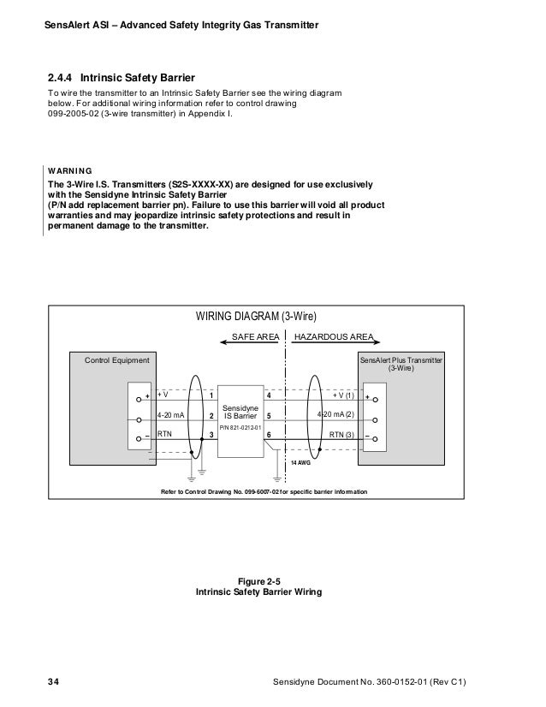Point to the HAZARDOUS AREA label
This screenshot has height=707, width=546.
[x=334, y=337]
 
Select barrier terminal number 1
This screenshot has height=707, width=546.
[x=211, y=396]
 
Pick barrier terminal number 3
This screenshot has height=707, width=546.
[x=211, y=435]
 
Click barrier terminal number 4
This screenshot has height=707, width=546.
[x=269, y=396]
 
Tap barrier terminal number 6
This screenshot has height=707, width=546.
[x=269, y=435]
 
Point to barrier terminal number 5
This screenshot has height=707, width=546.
[x=269, y=416]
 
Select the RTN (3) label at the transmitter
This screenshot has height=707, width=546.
[x=342, y=435]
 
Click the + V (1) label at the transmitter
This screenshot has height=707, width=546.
[x=343, y=396]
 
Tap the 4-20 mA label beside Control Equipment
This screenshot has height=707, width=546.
[x=170, y=416]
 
